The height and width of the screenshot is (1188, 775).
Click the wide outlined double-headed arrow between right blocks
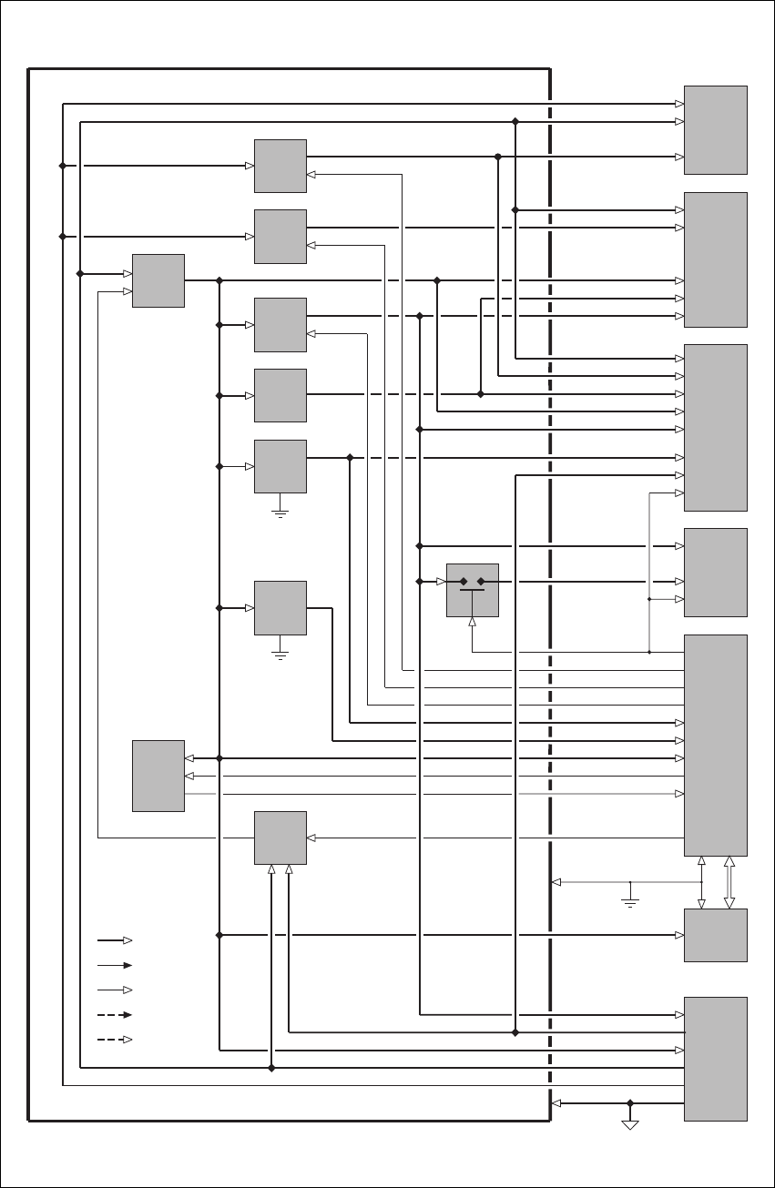tap(729, 882)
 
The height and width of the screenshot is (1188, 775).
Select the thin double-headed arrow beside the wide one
tap(701, 882)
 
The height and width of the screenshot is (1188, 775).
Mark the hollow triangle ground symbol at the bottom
tap(629, 1124)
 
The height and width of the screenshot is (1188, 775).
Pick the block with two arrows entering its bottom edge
tap(280, 838)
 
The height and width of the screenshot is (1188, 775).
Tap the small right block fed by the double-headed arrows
tap(716, 935)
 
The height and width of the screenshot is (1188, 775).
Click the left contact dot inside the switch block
tap(464, 581)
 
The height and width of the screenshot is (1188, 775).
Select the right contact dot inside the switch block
tap(481, 581)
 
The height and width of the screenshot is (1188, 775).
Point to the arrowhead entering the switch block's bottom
tap(472, 623)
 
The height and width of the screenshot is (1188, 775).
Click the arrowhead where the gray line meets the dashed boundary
tap(557, 882)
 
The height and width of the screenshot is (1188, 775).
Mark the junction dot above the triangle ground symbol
tap(629, 1103)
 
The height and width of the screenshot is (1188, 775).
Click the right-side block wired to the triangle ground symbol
tap(716, 1059)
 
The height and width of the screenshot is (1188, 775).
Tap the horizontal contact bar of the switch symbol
tap(472, 590)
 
